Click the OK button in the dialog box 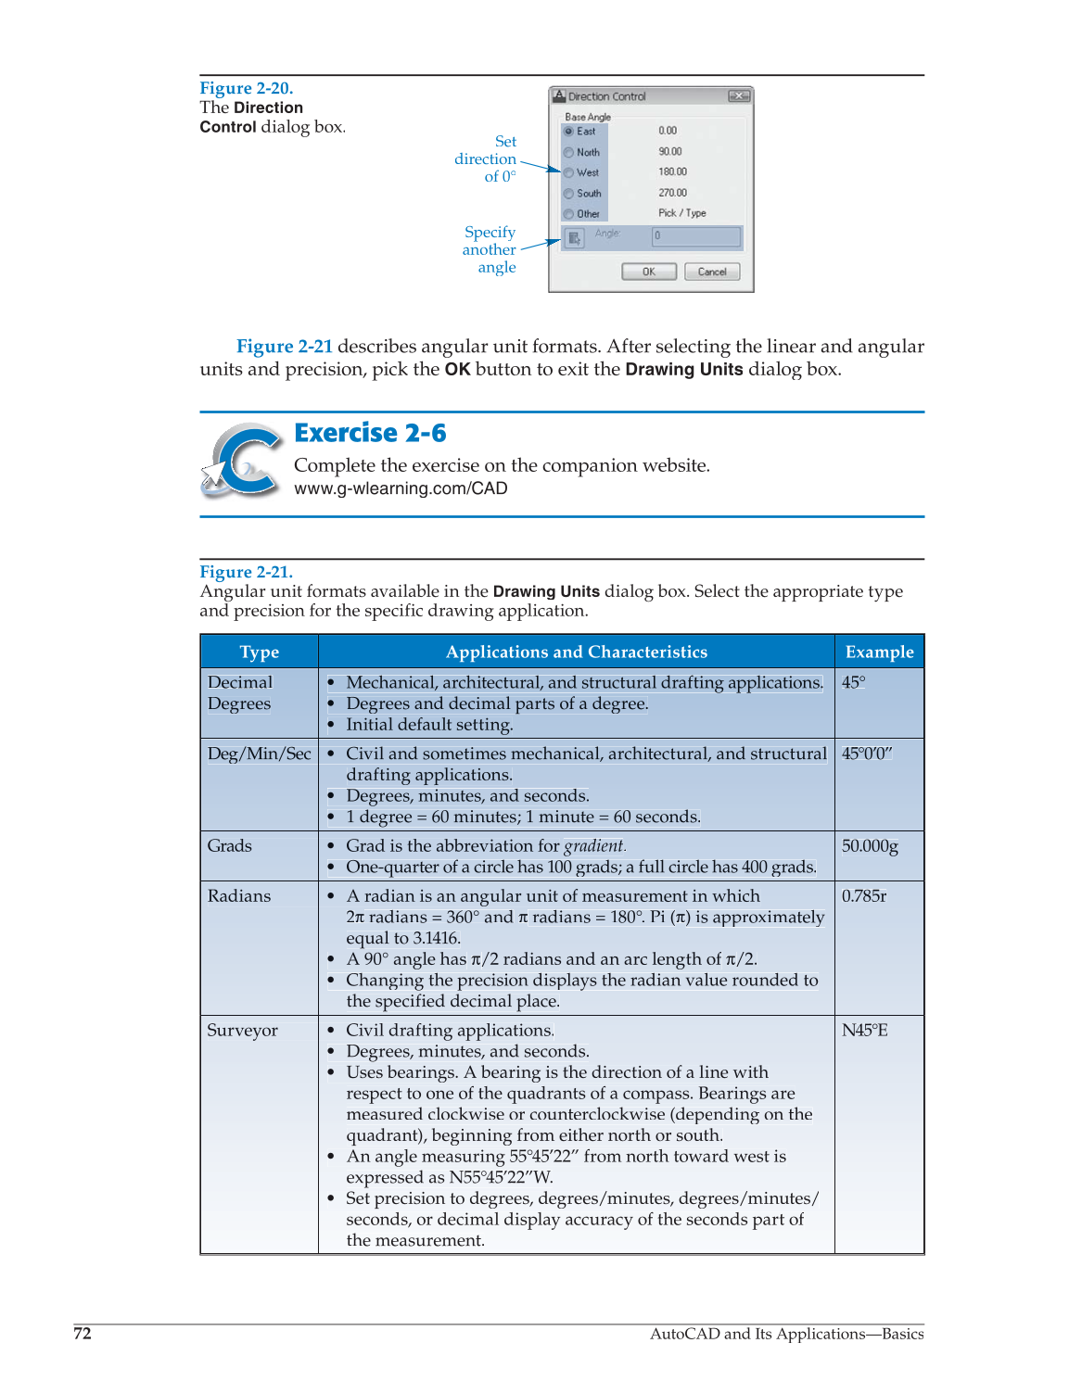tap(648, 272)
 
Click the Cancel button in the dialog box tap(711, 272)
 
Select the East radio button tap(569, 131)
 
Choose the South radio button tap(569, 194)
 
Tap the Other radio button tap(569, 214)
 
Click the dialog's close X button tap(739, 95)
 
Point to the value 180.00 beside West tap(672, 171)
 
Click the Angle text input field tap(696, 236)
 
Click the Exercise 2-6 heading tap(370, 433)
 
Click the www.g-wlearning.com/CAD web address tap(401, 488)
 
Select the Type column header tap(259, 652)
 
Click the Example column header tap(879, 652)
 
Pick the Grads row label tap(230, 845)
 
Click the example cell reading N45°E tap(864, 1030)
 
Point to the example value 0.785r tap(864, 895)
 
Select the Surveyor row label tap(242, 1030)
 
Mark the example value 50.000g tap(870, 845)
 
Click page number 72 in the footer tap(83, 1333)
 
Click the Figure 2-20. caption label tap(246, 88)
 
